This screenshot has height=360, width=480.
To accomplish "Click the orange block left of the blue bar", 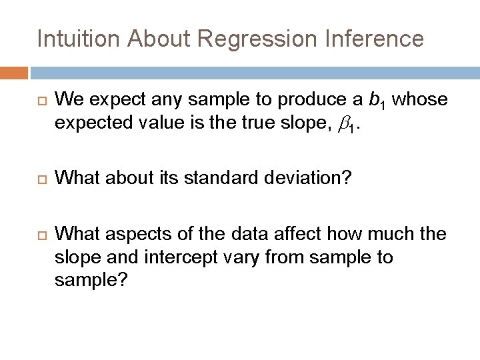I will click(14, 72).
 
